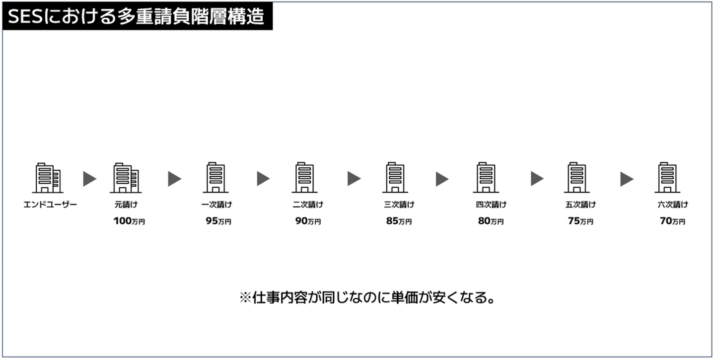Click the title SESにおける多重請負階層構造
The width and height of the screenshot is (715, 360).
pyautogui.click(x=136, y=17)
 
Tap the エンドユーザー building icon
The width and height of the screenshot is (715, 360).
pyautogui.click(x=48, y=178)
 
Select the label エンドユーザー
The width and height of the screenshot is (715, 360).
pyautogui.click(x=50, y=204)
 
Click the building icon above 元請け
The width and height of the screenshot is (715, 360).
pyautogui.click(x=126, y=178)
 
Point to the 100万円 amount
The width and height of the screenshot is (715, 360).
pyautogui.click(x=129, y=221)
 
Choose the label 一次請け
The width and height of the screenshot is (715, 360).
pyautogui.click(x=216, y=204)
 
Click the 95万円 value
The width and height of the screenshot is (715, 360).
pyautogui.click(x=218, y=221)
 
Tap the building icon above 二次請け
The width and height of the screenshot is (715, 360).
pyautogui.click(x=304, y=178)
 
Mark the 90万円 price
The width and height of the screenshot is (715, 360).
pyautogui.click(x=308, y=221)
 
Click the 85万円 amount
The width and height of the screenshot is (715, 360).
pyautogui.click(x=399, y=221)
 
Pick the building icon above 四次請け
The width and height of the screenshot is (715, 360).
pyautogui.click(x=486, y=178)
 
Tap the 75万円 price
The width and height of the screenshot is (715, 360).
pyautogui.click(x=580, y=221)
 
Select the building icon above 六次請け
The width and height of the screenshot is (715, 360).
pyautogui.click(x=668, y=178)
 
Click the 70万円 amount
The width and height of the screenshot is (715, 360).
pyautogui.click(x=672, y=221)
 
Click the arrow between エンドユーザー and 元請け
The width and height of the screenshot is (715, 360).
pyautogui.click(x=89, y=179)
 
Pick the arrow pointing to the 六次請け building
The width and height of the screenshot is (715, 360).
pyautogui.click(x=627, y=179)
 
